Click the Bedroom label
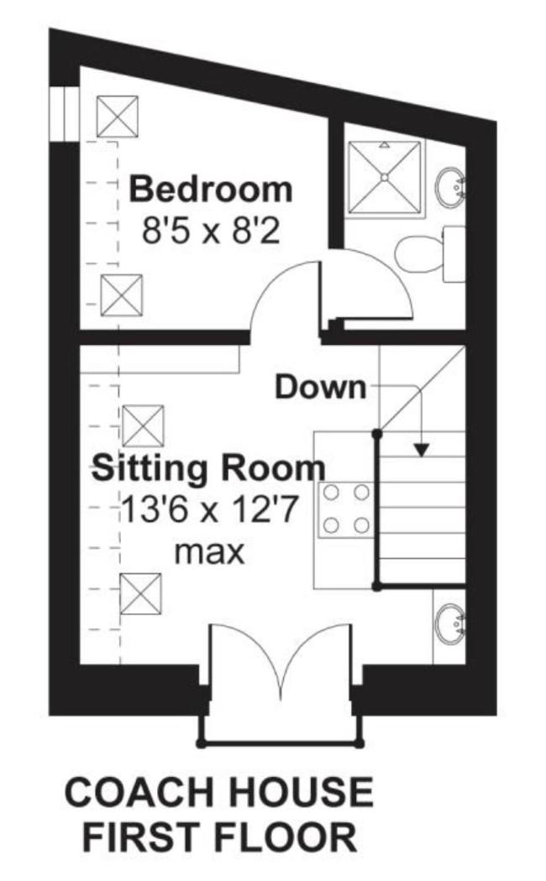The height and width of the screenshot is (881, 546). click(x=211, y=190)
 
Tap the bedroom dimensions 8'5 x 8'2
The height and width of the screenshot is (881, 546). click(x=211, y=231)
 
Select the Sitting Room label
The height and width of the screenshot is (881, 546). click(x=208, y=468)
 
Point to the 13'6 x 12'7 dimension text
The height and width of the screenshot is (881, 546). click(x=208, y=510)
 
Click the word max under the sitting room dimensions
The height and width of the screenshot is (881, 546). click(x=209, y=553)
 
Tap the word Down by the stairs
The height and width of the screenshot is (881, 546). click(x=320, y=388)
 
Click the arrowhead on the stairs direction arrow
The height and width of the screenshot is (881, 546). click(x=422, y=450)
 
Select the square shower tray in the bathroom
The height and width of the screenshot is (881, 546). click(x=385, y=178)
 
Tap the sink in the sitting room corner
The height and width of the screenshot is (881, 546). click(x=450, y=624)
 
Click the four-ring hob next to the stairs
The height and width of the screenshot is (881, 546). click(x=346, y=508)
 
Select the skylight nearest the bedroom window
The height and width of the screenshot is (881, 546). click(x=118, y=117)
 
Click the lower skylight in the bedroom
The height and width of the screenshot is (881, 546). click(x=122, y=295)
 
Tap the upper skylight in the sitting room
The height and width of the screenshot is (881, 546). click(x=143, y=426)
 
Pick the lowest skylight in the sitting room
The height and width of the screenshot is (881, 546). click(x=141, y=594)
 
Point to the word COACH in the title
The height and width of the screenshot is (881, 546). click(x=140, y=793)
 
